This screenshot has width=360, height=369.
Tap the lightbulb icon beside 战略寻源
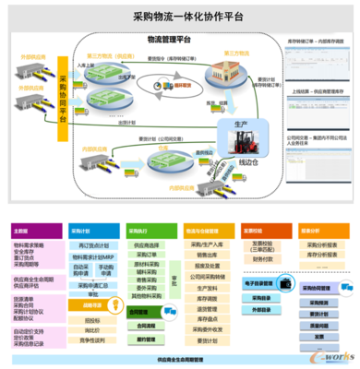[76, 303]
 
